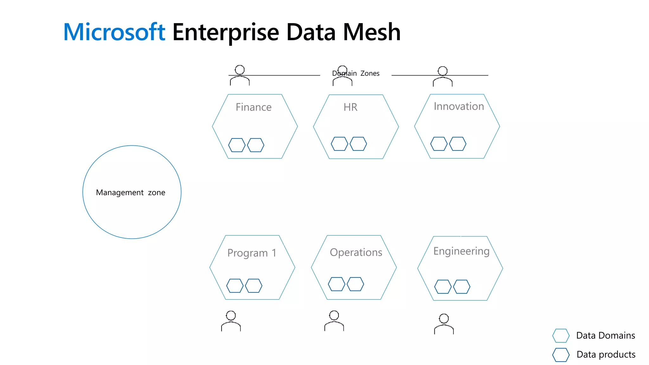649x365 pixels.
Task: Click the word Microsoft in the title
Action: (114, 32)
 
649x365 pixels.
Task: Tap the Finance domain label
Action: (254, 107)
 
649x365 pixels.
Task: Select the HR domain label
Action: (350, 107)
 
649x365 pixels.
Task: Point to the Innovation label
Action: (459, 106)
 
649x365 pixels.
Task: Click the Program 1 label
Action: (252, 253)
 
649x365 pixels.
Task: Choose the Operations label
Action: (356, 252)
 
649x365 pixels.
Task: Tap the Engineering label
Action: (461, 251)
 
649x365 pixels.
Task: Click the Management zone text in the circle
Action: (131, 192)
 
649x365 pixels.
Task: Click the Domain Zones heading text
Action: (356, 73)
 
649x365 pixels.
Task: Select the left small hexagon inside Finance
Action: (237, 145)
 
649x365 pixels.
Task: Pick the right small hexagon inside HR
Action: (358, 144)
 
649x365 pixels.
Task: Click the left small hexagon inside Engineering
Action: (443, 287)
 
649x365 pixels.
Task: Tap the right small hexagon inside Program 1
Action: (254, 286)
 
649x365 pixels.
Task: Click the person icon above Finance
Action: (240, 75)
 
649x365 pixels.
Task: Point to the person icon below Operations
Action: (334, 321)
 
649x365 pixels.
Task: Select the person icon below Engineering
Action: (444, 324)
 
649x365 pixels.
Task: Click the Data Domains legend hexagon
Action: (561, 336)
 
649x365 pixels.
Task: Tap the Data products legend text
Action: (606, 354)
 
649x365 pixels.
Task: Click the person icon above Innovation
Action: (442, 76)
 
